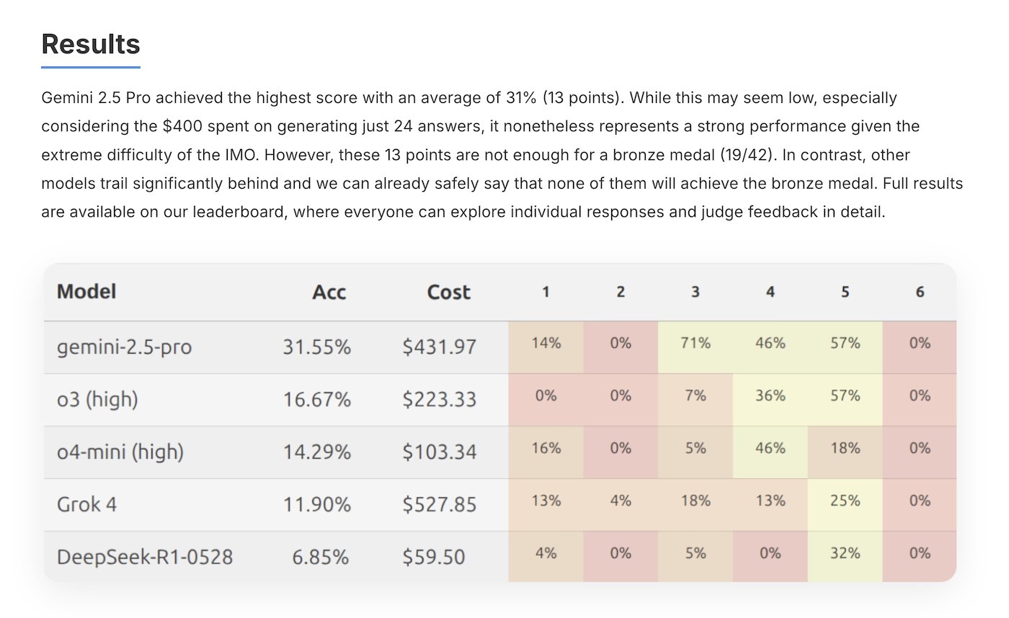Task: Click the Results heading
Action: (91, 44)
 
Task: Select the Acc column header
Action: (329, 292)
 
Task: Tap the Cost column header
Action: (448, 292)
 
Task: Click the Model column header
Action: (86, 292)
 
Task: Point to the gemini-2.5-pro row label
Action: (124, 347)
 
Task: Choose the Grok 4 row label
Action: (86, 504)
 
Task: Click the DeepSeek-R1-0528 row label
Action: (145, 557)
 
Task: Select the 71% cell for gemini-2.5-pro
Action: (695, 343)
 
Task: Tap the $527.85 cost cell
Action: (439, 504)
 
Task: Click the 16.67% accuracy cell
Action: (316, 399)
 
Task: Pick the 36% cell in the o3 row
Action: (770, 395)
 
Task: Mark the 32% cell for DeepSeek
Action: (845, 552)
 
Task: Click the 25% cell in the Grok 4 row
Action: (845, 501)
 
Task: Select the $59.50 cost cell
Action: (433, 557)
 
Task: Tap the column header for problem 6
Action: (920, 292)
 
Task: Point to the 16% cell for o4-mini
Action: (546, 448)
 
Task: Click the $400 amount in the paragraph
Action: (182, 126)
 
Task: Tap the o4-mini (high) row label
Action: (120, 452)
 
